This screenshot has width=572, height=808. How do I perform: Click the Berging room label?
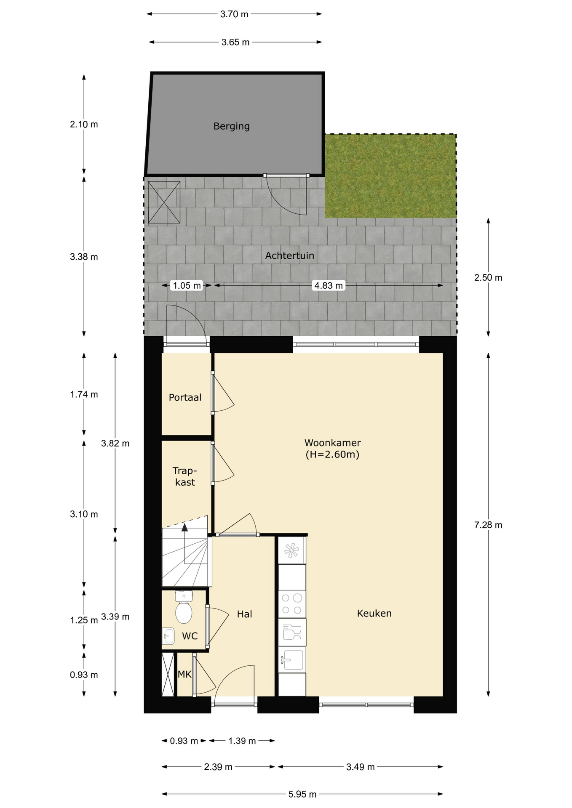click(231, 126)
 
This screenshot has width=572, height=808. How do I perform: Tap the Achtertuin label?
click(289, 255)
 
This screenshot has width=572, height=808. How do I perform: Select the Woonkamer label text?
click(332, 443)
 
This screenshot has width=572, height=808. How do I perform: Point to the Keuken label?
click(374, 613)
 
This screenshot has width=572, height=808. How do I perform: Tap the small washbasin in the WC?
click(168, 636)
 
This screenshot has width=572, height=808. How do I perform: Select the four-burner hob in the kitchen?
click(292, 604)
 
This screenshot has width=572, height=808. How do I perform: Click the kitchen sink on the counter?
click(291, 659)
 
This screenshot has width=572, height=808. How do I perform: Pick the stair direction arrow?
click(184, 543)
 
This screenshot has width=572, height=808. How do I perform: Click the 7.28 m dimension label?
click(488, 525)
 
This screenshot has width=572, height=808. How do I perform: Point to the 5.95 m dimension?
click(302, 794)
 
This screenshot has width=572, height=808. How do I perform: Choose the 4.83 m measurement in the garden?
click(329, 285)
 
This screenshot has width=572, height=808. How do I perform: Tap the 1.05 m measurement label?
click(187, 285)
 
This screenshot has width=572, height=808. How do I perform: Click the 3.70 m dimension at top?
click(234, 14)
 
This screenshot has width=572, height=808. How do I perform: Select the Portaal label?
click(185, 397)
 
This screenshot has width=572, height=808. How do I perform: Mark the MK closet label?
click(184, 675)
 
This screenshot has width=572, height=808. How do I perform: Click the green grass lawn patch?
click(390, 176)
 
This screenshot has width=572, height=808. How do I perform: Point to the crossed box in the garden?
click(164, 202)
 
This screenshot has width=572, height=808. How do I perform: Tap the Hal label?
click(244, 614)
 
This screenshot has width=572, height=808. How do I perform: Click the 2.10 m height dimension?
click(84, 124)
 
